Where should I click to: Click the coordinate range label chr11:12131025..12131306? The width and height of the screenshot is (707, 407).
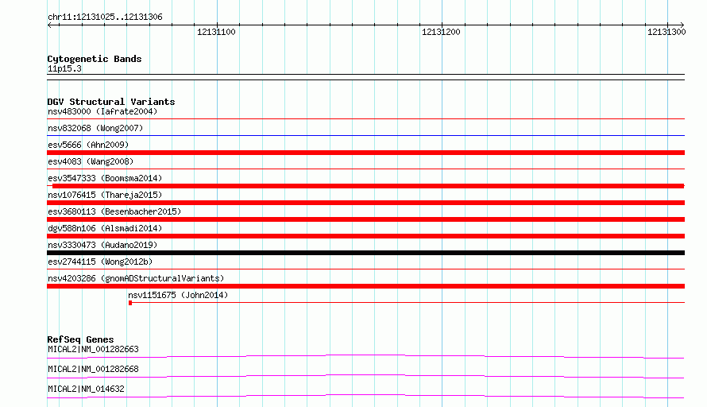[x=105, y=17]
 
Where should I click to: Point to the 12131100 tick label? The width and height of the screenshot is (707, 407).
[x=216, y=32]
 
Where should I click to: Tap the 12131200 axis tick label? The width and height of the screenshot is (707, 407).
[x=441, y=32]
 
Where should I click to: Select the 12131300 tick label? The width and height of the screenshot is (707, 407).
[x=666, y=32]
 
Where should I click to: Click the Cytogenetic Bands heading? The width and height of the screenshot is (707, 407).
[x=95, y=59]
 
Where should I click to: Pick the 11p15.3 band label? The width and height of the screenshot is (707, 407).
[x=64, y=68]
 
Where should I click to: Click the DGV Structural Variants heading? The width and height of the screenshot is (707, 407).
[x=111, y=102]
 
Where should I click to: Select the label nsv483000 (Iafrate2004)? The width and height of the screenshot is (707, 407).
[x=102, y=111]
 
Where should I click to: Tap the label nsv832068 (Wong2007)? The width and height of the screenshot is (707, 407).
[x=95, y=128]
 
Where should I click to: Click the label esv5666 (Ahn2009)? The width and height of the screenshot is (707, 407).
[x=88, y=145]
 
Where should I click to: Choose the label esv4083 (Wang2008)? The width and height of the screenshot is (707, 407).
[x=91, y=161]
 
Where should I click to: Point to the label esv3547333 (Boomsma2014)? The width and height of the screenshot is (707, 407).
[x=105, y=178]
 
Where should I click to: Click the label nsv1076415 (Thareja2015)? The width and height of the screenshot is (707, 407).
[x=105, y=195]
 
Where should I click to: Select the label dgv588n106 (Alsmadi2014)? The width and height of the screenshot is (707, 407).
[x=105, y=228]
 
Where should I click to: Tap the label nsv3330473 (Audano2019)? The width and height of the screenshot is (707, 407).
[x=102, y=245]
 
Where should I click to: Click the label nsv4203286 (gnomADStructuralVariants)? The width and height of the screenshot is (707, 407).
[x=136, y=278]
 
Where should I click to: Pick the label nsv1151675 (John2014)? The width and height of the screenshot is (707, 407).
[x=178, y=295]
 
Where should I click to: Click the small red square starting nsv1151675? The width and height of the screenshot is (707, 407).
[x=130, y=303]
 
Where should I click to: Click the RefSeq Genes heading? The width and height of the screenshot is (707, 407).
[x=80, y=339]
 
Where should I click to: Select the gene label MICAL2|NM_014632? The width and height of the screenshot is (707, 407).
[x=86, y=389]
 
